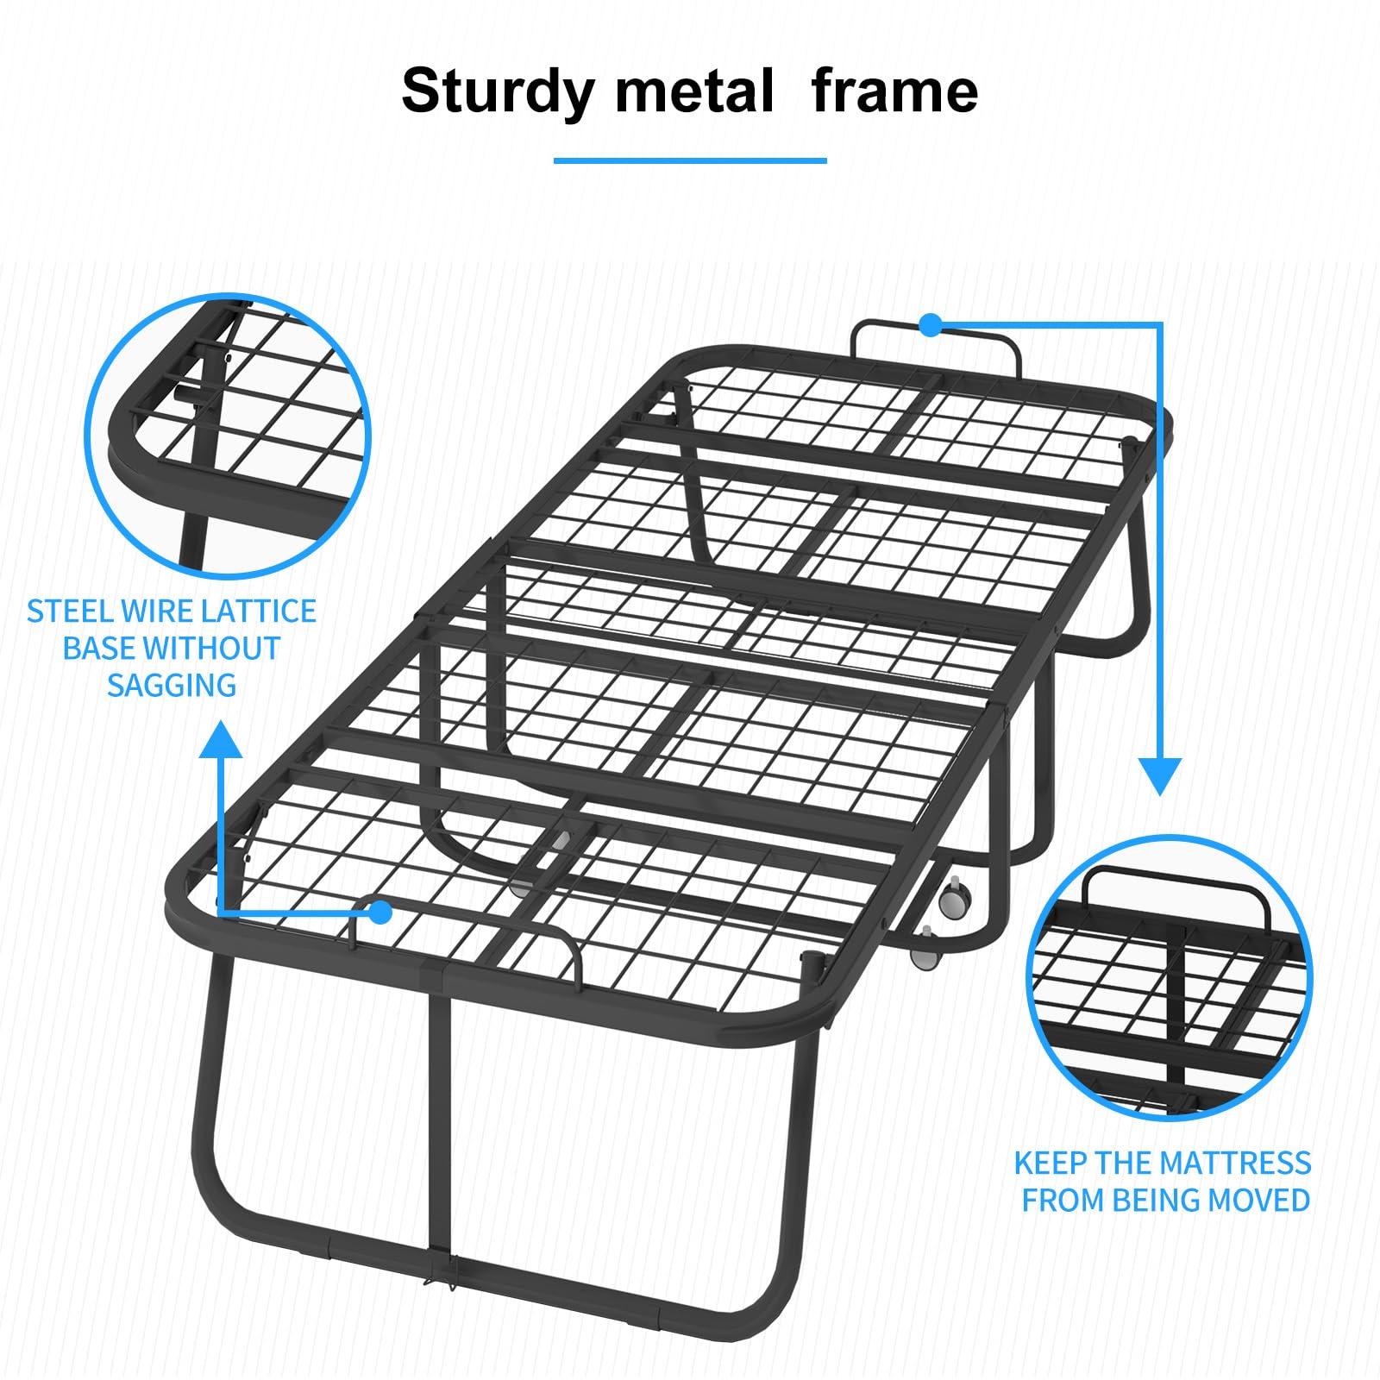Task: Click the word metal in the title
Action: pyautogui.click(x=694, y=92)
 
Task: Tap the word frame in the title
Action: pyautogui.click(x=894, y=92)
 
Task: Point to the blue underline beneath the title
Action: pyautogui.click(x=690, y=160)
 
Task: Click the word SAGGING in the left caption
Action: pyautogui.click(x=172, y=685)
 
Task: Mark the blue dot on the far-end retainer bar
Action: pyautogui.click(x=929, y=325)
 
